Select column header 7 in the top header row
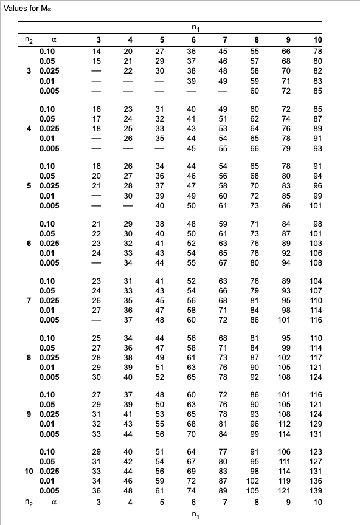coord(224,41)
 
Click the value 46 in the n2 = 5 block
coord(190,175)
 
